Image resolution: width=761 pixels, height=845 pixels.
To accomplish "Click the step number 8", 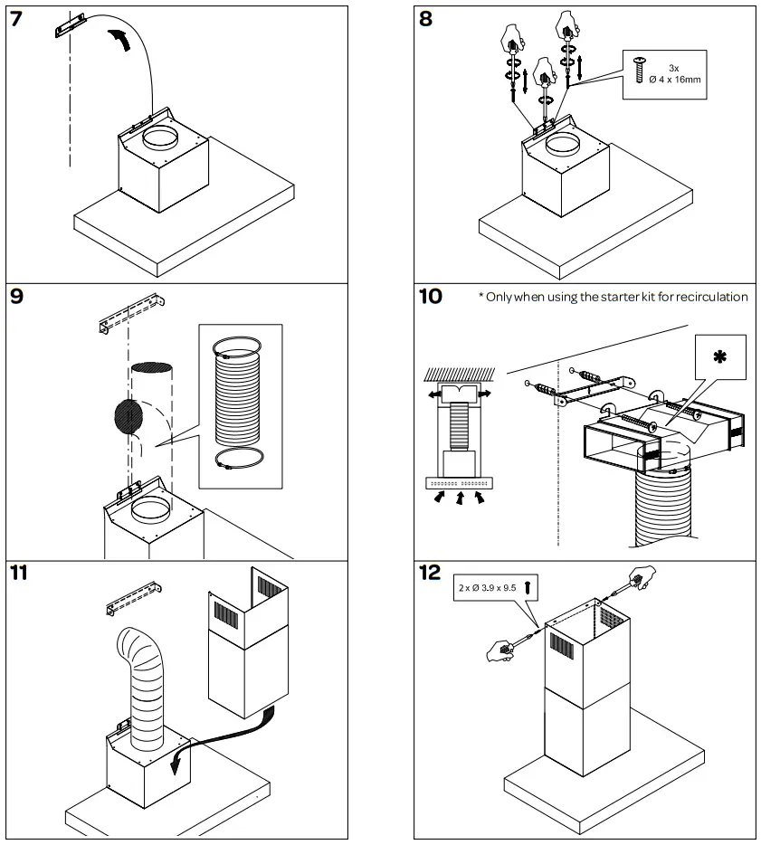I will [x=426, y=19].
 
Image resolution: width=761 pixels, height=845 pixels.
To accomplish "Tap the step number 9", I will [x=17, y=296].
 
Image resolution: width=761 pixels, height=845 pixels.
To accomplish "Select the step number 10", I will [x=431, y=296].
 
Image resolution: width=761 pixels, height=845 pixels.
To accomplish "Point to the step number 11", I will [x=20, y=573].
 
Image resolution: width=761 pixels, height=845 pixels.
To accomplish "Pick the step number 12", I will [x=431, y=573].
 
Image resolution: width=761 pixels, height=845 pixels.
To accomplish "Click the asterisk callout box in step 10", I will [x=719, y=358].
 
